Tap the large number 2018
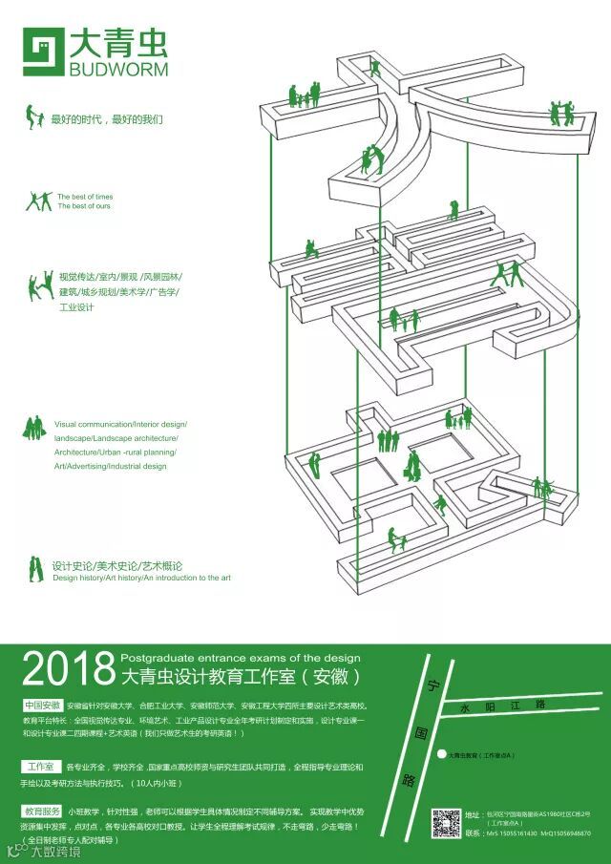[67, 671]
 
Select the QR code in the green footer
[446, 823]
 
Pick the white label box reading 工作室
[39, 767]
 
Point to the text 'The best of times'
[85, 197]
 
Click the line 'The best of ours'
[84, 206]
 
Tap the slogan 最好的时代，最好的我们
[108, 119]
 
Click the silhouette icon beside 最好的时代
[34, 116]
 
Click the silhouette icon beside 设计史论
[35, 569]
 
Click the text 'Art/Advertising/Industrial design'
[110, 466]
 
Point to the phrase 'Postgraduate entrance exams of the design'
[241, 658]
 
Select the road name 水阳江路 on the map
[501, 706]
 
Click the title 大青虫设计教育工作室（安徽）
[242, 678]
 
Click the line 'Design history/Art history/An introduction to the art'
[141, 578]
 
